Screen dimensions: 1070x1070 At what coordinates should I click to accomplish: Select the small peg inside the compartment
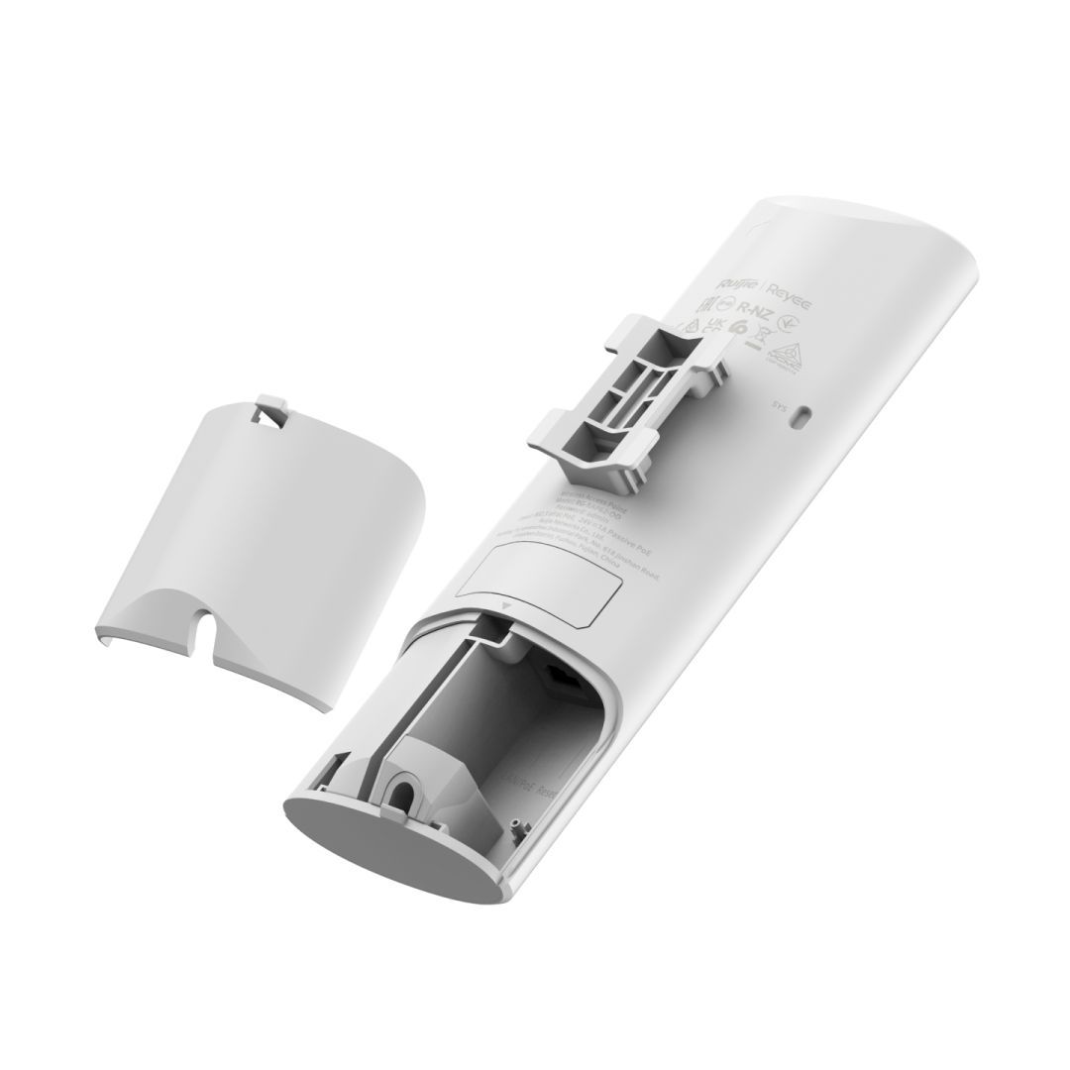pos(516,821)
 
